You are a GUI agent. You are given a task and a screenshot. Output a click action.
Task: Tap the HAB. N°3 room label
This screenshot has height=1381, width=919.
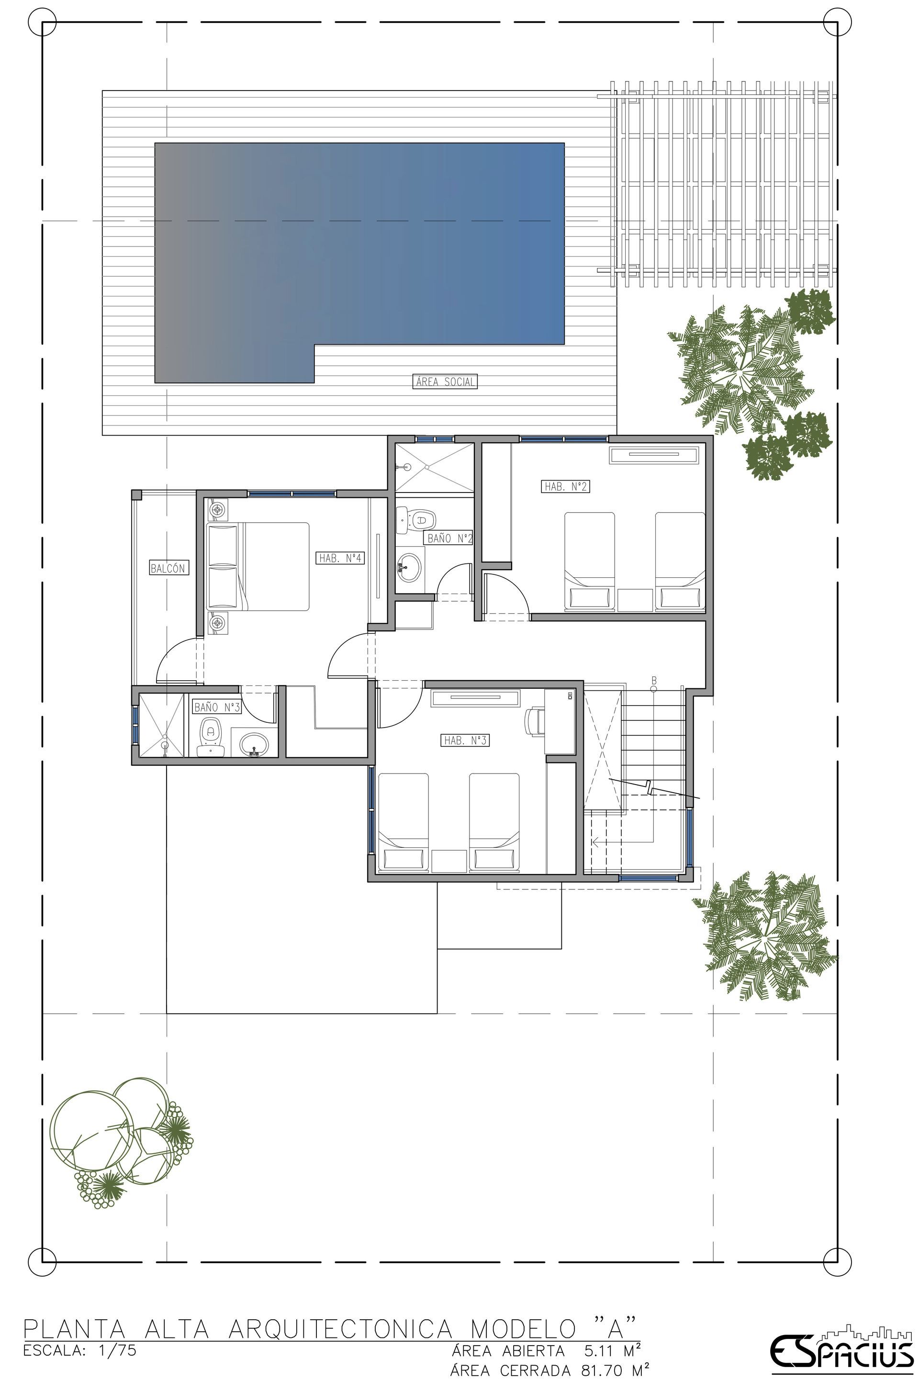click(x=465, y=741)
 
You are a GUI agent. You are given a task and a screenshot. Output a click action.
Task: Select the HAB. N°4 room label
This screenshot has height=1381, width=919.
click(x=340, y=558)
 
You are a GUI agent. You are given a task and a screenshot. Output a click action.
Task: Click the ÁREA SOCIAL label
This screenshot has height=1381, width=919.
click(x=445, y=382)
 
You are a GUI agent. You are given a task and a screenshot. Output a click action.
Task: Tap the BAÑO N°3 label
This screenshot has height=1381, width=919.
click(x=217, y=707)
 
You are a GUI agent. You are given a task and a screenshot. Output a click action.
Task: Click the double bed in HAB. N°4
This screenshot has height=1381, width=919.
click(x=258, y=567)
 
